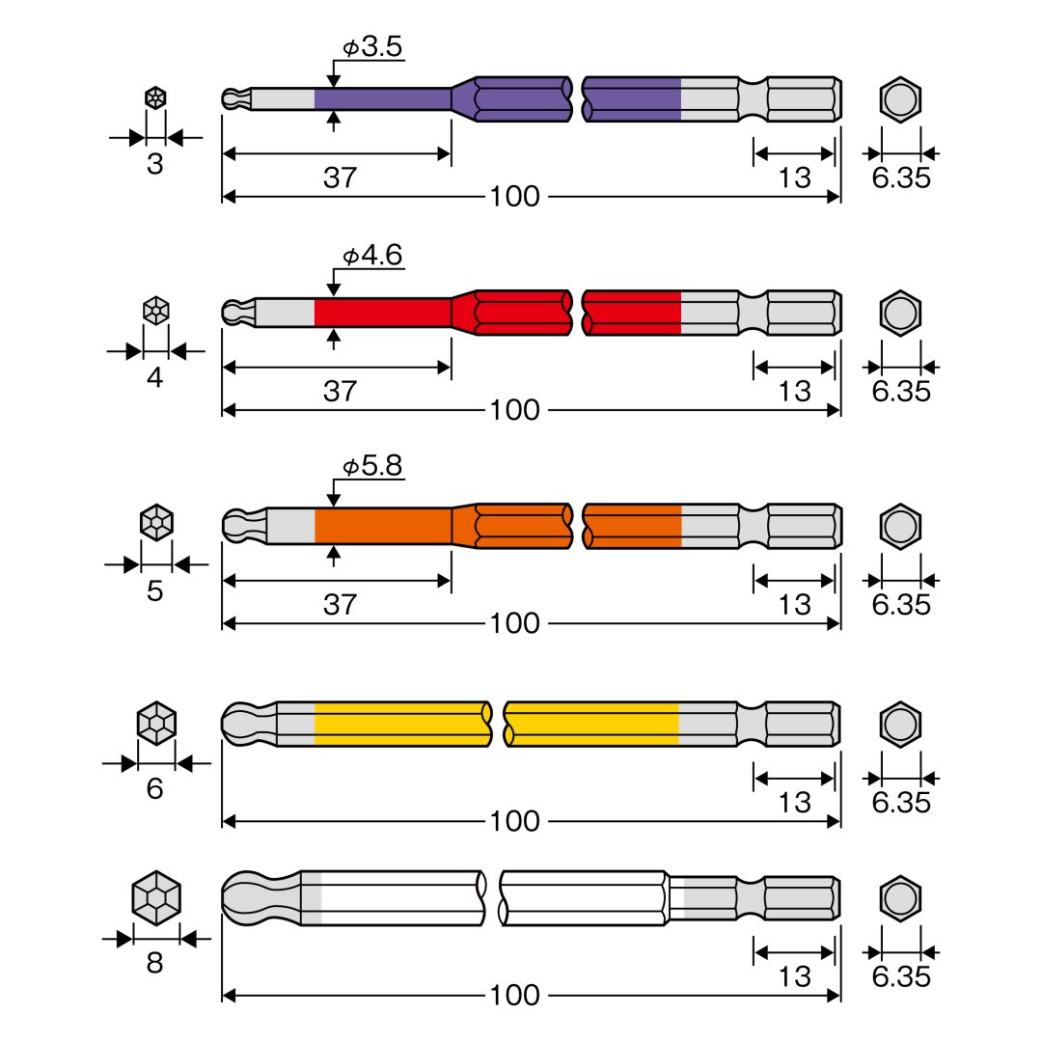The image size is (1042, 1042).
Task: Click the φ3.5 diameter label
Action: [372, 46]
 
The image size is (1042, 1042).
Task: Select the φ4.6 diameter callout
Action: [372, 255]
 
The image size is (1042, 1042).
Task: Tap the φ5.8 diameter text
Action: [372, 466]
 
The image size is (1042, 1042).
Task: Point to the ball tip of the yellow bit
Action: [247, 724]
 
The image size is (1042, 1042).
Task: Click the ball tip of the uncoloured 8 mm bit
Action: [260, 898]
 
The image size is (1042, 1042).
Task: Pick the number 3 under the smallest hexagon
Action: [154, 164]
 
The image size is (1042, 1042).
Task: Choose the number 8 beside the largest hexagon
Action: [154, 962]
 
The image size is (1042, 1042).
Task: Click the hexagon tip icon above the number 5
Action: [157, 522]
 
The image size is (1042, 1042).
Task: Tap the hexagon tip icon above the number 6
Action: [156, 723]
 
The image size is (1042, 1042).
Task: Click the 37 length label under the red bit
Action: [340, 391]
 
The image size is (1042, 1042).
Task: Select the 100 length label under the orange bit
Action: [515, 623]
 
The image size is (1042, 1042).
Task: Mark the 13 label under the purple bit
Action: [795, 178]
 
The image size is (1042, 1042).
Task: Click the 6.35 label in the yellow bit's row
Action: [901, 803]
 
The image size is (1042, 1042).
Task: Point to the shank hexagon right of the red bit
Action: [900, 313]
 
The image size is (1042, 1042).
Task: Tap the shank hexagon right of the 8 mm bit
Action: [900, 898]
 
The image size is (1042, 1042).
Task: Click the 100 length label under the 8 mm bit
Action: [515, 995]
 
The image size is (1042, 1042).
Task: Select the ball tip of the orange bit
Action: [243, 526]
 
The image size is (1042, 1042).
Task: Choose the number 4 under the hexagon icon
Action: [154, 377]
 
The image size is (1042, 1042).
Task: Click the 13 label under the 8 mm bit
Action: [795, 976]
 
